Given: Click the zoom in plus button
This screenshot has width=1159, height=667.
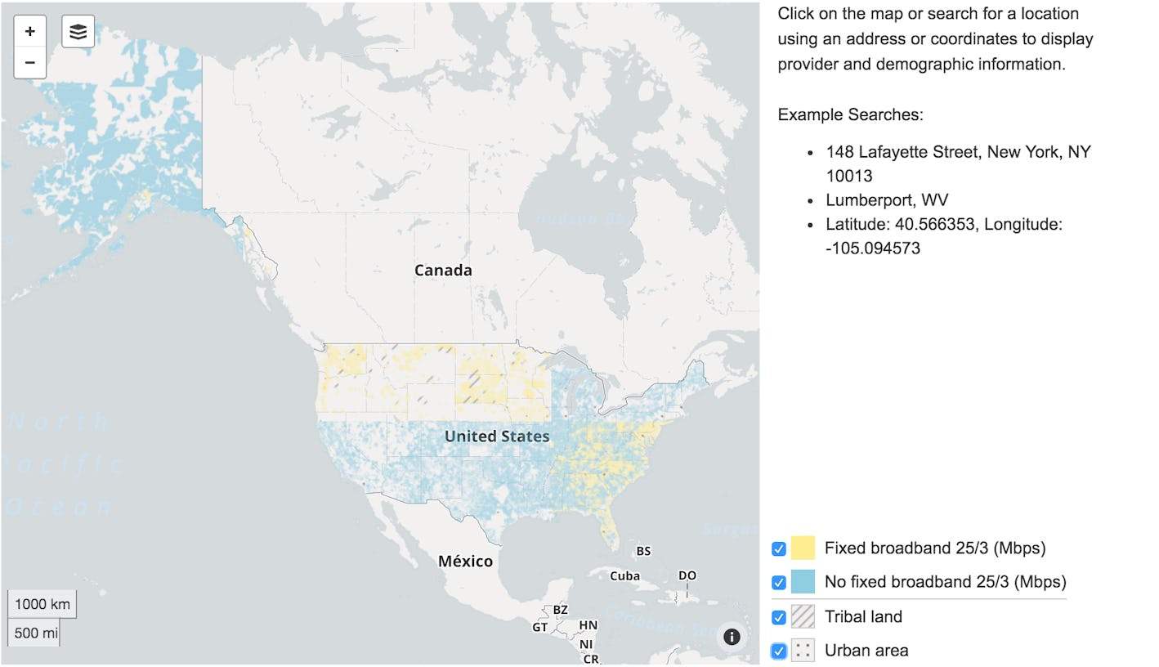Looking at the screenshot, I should [x=30, y=32].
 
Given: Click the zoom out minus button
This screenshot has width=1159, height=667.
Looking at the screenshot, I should [x=30, y=63].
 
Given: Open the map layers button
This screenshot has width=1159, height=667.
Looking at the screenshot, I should [x=78, y=32].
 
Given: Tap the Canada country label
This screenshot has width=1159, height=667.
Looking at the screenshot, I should [x=443, y=271].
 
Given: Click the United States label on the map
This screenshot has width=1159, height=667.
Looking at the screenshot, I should [x=497, y=436].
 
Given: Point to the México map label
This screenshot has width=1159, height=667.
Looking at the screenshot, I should [x=465, y=562].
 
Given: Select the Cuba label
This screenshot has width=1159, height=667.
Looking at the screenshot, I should [x=624, y=576].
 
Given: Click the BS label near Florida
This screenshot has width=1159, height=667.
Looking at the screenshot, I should [x=643, y=551].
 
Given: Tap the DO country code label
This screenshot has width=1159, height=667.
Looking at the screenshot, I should [x=687, y=575].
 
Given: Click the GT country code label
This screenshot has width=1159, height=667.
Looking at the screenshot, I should [x=540, y=628].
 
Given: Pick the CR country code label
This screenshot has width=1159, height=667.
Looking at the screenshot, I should [x=590, y=659].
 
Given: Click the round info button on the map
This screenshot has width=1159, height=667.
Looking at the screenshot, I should [x=732, y=637].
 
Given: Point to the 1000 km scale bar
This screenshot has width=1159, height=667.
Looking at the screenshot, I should [x=43, y=605].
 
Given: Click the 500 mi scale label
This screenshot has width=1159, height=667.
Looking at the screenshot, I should [x=34, y=633].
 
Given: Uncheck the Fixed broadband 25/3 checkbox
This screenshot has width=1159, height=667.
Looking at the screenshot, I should [x=779, y=548].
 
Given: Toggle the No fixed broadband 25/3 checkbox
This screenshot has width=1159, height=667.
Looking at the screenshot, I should [x=779, y=583].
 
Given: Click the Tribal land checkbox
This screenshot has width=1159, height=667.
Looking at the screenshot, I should [x=779, y=617].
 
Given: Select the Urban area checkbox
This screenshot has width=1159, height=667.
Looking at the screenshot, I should [x=779, y=651].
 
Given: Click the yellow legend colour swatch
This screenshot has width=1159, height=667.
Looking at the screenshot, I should [x=803, y=548].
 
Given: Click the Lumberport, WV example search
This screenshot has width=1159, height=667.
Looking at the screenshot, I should [x=887, y=200].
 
